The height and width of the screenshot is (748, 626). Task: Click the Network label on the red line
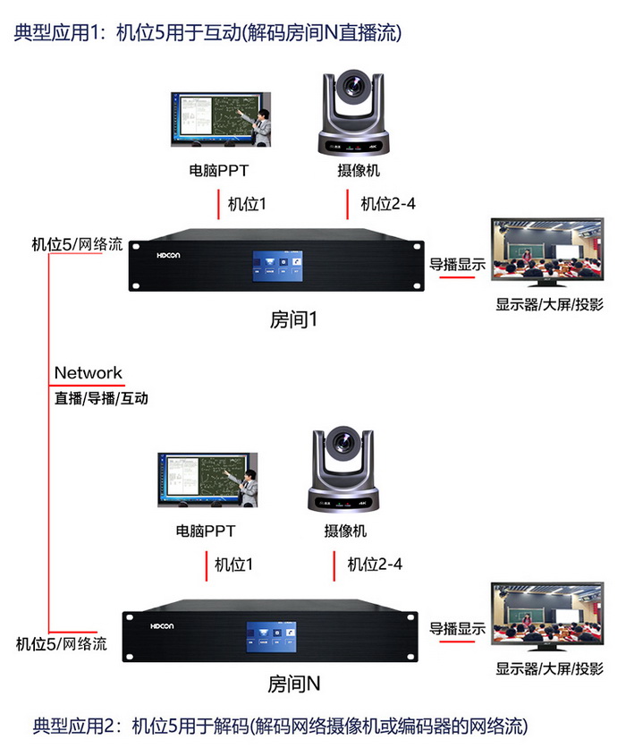[x=88, y=372]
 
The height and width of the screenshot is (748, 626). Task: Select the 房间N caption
[x=293, y=684]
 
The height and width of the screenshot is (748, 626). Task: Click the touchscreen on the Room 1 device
[x=274, y=265]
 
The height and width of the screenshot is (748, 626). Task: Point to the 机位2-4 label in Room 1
[x=387, y=204]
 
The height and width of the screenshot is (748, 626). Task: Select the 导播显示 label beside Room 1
[x=457, y=265]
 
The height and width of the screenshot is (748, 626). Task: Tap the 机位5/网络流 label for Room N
[x=62, y=643]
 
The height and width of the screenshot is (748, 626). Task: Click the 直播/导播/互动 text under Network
[x=101, y=399]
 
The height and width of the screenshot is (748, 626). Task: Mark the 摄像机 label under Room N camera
[x=345, y=531]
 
